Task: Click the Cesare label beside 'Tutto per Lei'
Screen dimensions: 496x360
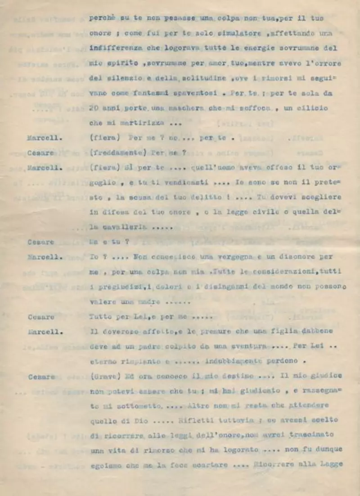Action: click(x=41, y=316)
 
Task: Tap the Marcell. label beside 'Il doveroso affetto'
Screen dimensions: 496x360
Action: click(x=45, y=332)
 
